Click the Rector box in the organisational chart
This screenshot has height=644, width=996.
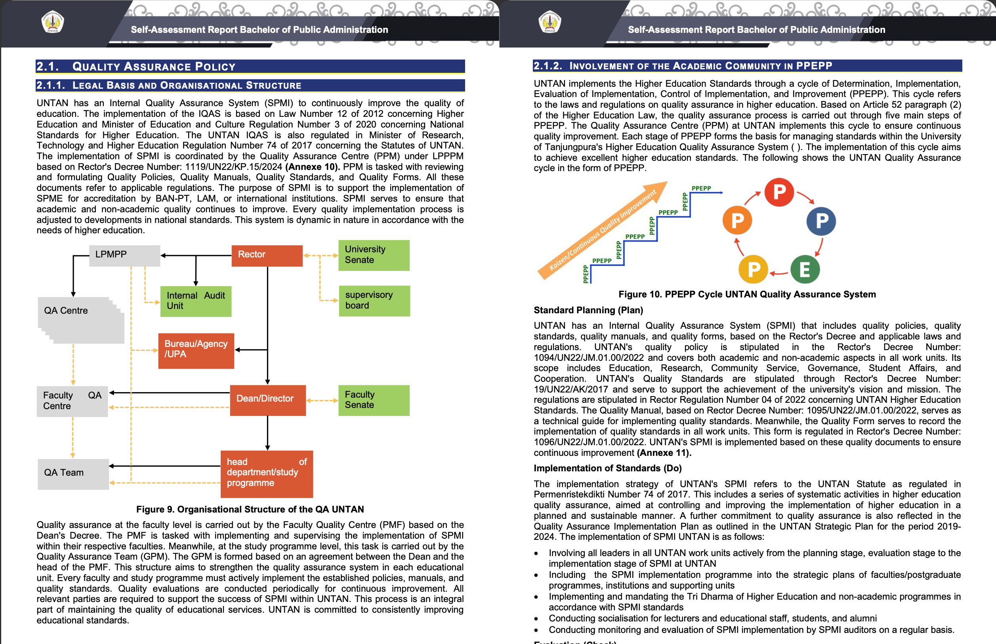tap(267, 255)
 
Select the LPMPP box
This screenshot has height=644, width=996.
tap(124, 255)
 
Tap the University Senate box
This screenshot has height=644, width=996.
tap(374, 255)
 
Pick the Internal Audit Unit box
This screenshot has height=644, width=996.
tap(196, 301)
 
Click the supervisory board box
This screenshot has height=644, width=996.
tap(374, 301)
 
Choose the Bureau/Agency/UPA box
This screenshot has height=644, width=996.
tap(196, 351)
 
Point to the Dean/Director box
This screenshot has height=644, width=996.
tap(268, 400)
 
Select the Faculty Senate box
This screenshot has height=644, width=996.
tap(374, 400)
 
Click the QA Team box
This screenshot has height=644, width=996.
tap(73, 474)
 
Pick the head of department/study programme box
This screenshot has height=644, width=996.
tap(267, 474)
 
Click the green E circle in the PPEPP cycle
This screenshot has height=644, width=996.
tap(804, 270)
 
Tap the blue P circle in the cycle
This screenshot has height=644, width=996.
tap(821, 221)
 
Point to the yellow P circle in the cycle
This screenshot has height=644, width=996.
tap(753, 269)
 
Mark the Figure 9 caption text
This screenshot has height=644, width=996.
tap(250, 509)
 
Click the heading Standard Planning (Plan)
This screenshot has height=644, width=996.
tap(588, 310)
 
